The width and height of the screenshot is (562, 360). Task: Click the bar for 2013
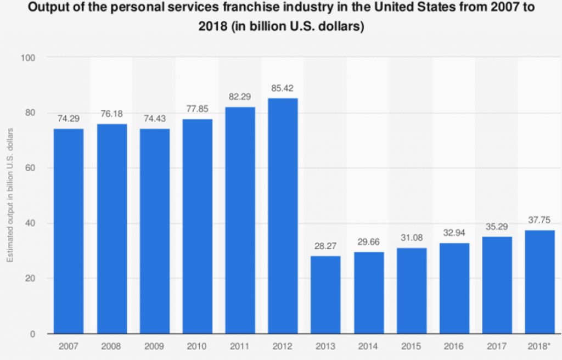[x=325, y=295]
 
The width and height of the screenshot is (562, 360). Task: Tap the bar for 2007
[x=69, y=231]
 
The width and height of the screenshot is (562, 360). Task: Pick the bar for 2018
[x=539, y=282]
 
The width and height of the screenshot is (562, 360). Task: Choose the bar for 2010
[x=197, y=226]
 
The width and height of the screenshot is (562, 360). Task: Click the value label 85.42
[x=283, y=88]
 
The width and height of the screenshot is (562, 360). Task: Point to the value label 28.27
[x=325, y=246]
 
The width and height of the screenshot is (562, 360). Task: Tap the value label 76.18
[x=111, y=114]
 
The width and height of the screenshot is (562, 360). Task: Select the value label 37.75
[x=539, y=220]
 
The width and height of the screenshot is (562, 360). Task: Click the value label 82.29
[x=240, y=97]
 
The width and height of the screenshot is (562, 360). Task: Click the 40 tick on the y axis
[x=31, y=223]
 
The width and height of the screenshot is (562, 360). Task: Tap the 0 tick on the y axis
[x=33, y=334]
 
